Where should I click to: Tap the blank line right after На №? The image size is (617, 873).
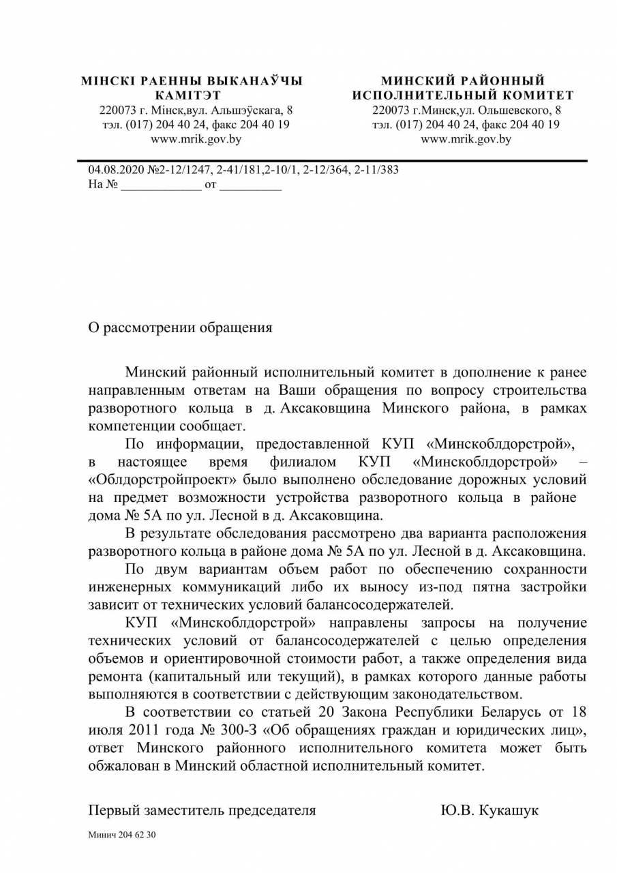(162, 185)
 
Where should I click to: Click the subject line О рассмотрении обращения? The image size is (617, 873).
(180, 327)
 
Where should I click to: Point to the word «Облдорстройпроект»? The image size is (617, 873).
(156, 479)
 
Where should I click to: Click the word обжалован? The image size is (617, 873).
(121, 766)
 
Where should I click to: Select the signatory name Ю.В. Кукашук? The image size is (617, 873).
(490, 810)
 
